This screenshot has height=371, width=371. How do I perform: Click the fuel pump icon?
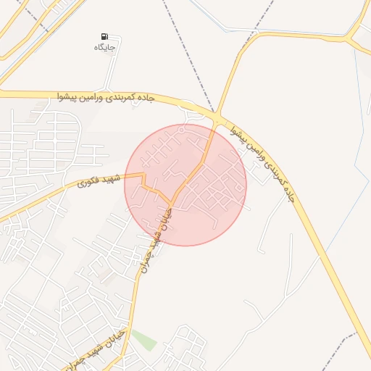(x=106, y=36)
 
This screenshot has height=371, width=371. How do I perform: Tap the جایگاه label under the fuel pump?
(x=106, y=47)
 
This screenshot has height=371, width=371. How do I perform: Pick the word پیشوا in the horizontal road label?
(x=75, y=96)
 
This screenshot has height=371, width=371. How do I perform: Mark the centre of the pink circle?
(x=185, y=185)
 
